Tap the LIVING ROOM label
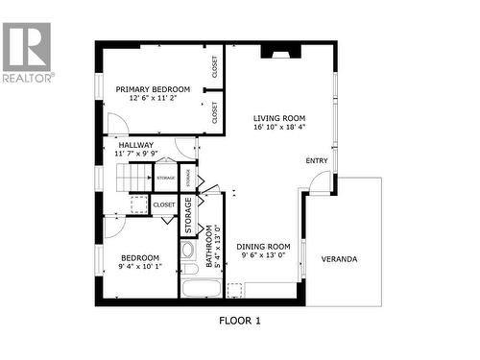coord(279,117)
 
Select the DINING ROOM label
coord(263,246)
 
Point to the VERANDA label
coord(339,259)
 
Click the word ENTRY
coord(316,161)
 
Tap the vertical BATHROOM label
coord(207,244)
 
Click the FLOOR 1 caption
coord(239,321)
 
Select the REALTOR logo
coord(27,53)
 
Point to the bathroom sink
coord(188,250)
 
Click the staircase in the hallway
coord(134,179)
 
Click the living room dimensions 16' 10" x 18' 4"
coord(279,127)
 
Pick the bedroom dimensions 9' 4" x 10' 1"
coord(139,267)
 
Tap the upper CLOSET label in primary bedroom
coord(215,68)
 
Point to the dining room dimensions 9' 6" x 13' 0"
coord(263,255)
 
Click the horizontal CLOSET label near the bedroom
coord(164,204)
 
